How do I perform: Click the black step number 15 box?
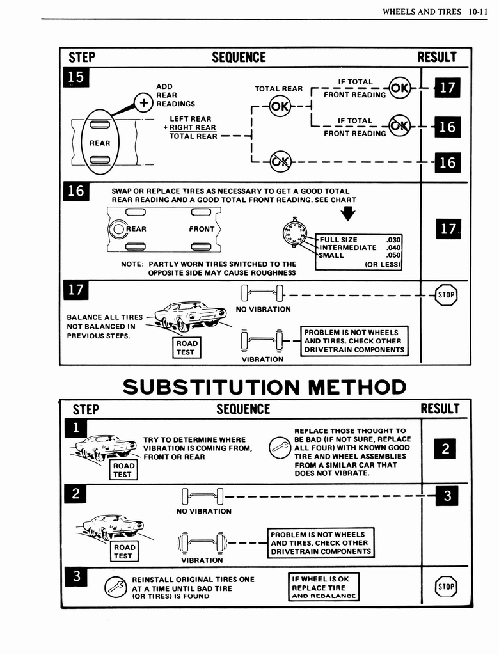coord(75,77)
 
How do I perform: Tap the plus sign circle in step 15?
coord(142,102)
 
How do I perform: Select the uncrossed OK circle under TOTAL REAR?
coord(280,106)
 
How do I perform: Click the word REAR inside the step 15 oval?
coord(99,143)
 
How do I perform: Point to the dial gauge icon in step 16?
coord(294,233)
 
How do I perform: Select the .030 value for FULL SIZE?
coord(393,240)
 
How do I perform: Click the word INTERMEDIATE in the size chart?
coord(348,248)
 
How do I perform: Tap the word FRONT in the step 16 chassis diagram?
coord(202,229)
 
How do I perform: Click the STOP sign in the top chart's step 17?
coord(446,295)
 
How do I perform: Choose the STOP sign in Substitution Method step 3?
coord(446,585)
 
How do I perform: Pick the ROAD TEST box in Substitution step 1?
coord(122,470)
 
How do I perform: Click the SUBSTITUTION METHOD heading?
coord(264,387)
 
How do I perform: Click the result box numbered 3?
coord(447,495)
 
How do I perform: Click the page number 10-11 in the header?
coord(478,11)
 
